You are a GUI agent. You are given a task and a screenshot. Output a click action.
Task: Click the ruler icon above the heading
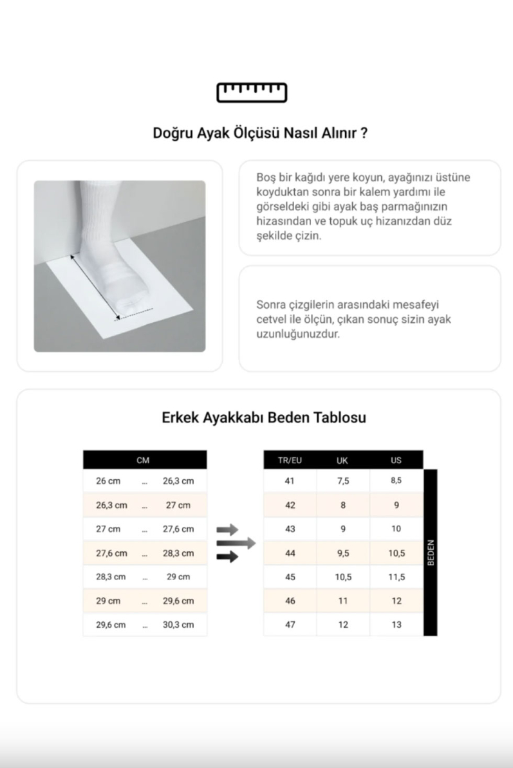[252, 93]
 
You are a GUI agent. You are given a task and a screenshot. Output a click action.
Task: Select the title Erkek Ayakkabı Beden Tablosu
[264, 417]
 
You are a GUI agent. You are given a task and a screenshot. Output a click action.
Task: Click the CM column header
[144, 460]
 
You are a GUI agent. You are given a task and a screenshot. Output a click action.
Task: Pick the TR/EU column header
[290, 460]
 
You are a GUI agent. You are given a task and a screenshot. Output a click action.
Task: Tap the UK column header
[342, 460]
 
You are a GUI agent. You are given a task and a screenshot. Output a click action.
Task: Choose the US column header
[396, 460]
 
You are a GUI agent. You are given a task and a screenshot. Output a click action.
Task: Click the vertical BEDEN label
[431, 553]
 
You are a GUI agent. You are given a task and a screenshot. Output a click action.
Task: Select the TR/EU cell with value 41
[290, 481]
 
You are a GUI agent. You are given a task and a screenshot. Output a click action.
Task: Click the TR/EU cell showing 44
[290, 553]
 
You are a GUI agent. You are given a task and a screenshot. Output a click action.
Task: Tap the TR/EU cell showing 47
[290, 625]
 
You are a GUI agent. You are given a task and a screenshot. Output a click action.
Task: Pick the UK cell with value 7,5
[342, 481]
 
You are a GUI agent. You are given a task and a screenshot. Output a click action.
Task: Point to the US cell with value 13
[396, 625]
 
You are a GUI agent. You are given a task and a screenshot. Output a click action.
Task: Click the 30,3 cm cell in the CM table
[178, 625]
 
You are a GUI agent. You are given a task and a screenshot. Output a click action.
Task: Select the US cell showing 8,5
[396, 481]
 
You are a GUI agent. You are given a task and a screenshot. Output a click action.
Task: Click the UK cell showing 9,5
[342, 553]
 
